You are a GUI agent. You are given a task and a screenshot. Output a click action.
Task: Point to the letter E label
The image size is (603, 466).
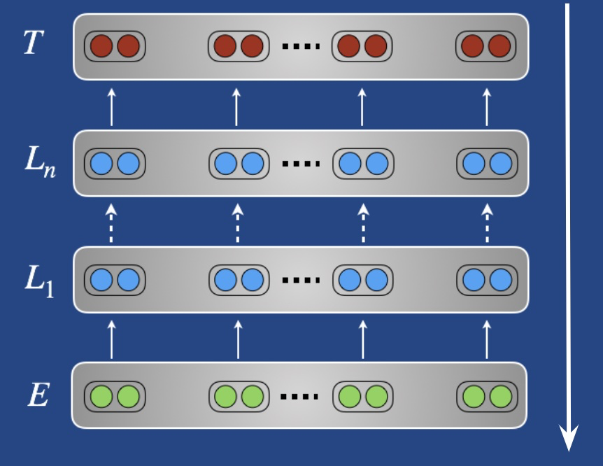(x=37, y=396)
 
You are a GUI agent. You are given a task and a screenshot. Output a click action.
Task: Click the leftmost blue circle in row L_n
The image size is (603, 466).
(x=102, y=164)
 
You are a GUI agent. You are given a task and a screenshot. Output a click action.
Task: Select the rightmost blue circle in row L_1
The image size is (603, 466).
(x=500, y=280)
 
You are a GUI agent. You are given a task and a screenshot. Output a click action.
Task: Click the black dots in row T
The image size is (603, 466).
(x=301, y=47)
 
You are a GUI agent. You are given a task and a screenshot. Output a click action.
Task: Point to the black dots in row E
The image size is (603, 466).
(x=299, y=397)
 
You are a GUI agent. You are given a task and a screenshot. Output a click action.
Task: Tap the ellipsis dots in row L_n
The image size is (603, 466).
(x=301, y=164)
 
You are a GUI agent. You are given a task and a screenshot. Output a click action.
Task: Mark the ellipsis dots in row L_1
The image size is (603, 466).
(x=301, y=281)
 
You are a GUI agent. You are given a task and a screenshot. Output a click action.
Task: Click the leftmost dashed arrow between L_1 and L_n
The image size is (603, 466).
(x=111, y=223)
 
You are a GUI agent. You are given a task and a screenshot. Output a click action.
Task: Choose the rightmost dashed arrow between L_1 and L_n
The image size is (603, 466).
(x=488, y=223)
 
